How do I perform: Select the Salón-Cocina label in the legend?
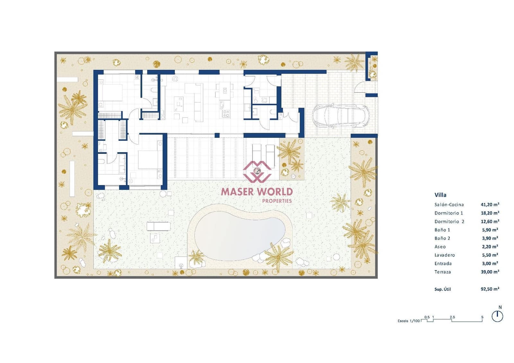click(449, 205)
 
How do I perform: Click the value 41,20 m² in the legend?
click(490, 204)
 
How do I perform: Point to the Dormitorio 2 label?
click(449, 222)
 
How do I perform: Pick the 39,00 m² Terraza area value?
click(490, 272)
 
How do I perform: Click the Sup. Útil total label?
click(442, 289)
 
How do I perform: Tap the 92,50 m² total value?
click(490, 289)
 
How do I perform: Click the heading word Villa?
click(440, 195)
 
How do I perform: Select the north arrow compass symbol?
click(497, 316)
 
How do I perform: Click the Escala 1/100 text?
click(408, 321)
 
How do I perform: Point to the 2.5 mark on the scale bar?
click(452, 317)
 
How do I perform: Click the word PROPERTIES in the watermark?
click(277, 201)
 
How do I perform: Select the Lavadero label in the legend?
click(445, 255)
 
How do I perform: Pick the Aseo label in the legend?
click(440, 247)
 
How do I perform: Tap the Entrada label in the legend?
click(443, 263)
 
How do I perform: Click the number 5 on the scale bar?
click(482, 317)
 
